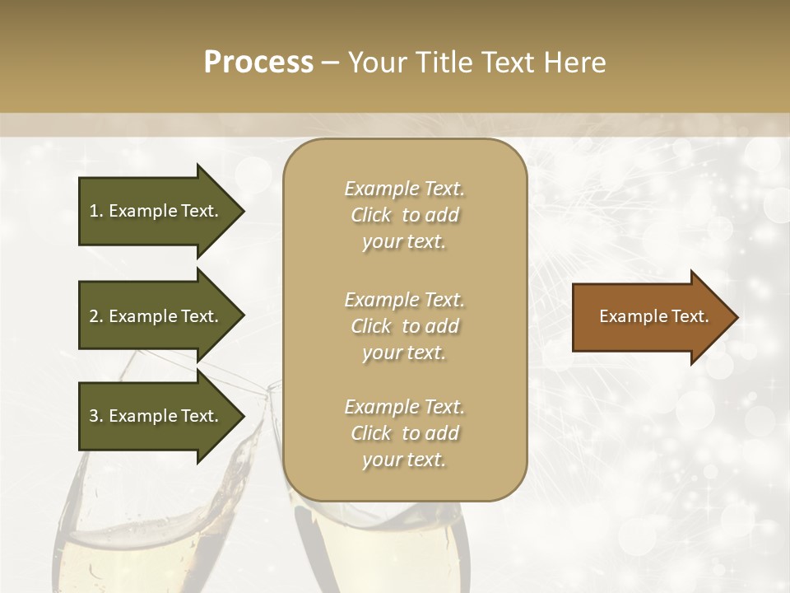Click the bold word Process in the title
coord(258,62)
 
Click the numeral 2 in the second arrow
coord(94,316)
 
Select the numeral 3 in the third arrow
coord(94,416)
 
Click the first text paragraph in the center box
coord(404,215)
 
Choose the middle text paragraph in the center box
coord(404,326)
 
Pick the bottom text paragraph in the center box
coord(404,433)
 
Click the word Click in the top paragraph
coord(371,215)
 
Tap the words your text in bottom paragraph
coord(404,460)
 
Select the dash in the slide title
coord(330,63)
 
